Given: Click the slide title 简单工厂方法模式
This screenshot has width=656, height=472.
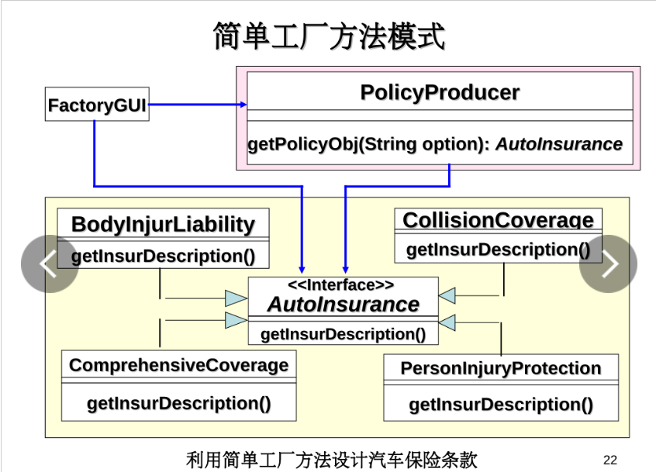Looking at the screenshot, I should coord(329,36).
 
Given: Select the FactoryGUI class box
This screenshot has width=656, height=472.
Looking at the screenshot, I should coord(97,105).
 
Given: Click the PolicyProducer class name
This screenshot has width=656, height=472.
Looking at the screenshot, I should coord(440,93).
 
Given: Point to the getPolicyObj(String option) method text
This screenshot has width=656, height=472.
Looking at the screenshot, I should coord(369,144).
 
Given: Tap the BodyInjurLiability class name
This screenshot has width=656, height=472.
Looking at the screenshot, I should coord(163,225).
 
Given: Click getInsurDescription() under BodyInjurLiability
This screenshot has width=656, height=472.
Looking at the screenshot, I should coord(164,256).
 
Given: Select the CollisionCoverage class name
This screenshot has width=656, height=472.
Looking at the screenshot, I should coord(498,220).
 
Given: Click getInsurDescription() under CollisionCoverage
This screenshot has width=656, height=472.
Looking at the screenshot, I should coord(498,250).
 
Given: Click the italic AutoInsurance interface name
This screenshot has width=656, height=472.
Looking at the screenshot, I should coord(343,305).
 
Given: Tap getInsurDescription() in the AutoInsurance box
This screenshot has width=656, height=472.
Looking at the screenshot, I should coord(343,334).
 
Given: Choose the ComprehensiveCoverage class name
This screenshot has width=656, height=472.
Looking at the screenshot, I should coord(178,365).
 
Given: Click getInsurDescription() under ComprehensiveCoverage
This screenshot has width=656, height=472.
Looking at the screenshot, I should coord(178,403).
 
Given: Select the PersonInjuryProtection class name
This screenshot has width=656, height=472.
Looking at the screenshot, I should coord(500,368).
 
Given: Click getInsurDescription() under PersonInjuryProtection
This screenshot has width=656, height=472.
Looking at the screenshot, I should coord(500,405).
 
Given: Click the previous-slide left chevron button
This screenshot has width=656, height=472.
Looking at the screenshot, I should coord(49,264).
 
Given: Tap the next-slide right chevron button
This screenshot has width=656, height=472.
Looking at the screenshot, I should coord(608,264).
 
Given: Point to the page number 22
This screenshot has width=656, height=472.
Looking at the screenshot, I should coord(609,460).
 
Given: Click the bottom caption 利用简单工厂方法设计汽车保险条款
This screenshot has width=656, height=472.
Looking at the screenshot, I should coord(332,459).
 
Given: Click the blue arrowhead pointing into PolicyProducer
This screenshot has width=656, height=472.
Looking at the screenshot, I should coord(243,105).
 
